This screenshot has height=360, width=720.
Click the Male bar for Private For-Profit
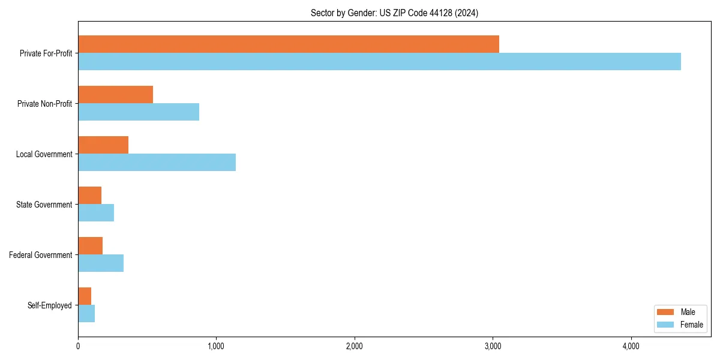click(x=289, y=44)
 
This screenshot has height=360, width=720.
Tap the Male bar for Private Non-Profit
click(x=115, y=95)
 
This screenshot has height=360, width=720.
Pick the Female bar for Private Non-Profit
click(x=139, y=112)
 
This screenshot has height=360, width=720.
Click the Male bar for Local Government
click(x=103, y=145)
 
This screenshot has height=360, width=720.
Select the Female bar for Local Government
click(x=157, y=163)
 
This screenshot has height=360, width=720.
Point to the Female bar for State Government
click(x=96, y=213)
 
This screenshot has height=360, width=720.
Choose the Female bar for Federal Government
click(x=101, y=263)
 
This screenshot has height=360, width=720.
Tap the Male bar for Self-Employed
click(x=85, y=296)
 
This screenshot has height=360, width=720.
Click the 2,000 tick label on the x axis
click(x=354, y=346)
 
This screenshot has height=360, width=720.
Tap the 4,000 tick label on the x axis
click(x=631, y=346)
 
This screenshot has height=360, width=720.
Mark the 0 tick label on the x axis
click(x=78, y=346)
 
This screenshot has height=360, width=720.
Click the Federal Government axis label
click(x=41, y=255)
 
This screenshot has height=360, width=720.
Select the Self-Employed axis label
click(x=50, y=305)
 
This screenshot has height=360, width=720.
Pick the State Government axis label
click(x=44, y=205)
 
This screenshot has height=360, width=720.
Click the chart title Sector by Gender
click(x=394, y=13)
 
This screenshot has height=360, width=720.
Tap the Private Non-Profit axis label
click(x=44, y=104)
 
